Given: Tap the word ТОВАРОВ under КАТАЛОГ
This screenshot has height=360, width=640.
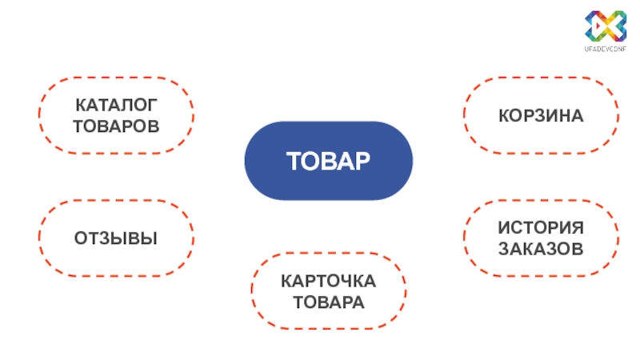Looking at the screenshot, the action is click(x=116, y=126).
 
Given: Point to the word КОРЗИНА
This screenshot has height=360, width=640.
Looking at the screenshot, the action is click(x=541, y=117).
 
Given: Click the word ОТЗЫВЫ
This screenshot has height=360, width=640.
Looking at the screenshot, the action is click(x=116, y=238).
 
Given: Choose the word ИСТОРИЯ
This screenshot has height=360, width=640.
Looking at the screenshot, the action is click(x=541, y=228).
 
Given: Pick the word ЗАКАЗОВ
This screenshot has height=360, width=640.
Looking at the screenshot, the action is click(x=541, y=249).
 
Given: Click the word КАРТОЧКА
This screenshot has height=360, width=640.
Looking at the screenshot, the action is click(x=329, y=282).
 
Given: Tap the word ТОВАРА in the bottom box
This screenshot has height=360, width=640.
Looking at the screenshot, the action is click(x=329, y=302).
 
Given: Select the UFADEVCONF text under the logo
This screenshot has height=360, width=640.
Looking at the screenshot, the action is click(x=604, y=50).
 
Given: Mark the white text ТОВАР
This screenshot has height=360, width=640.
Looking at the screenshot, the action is click(x=329, y=161).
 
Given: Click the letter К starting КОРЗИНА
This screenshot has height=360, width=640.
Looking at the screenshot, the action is click(x=504, y=117).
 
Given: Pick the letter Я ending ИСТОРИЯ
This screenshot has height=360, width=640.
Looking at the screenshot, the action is click(x=578, y=228).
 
